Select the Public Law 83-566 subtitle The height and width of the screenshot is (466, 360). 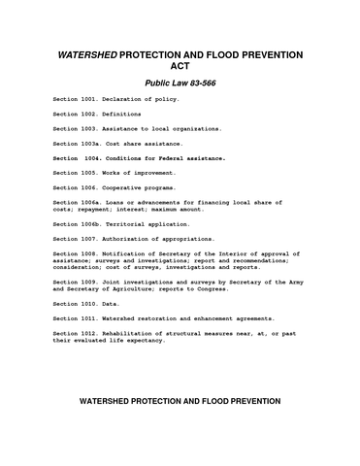click(x=180, y=83)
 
